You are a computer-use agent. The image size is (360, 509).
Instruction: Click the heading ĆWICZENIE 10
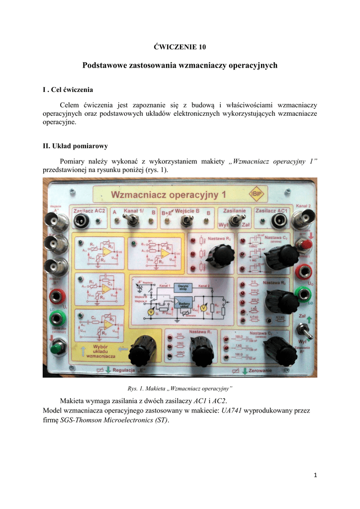tap(180, 47)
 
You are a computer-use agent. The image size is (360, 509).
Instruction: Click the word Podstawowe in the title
tap(105, 66)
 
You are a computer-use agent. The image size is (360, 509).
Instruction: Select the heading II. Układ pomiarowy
tap(76, 146)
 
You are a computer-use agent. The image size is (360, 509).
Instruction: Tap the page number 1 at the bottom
tap(315, 475)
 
